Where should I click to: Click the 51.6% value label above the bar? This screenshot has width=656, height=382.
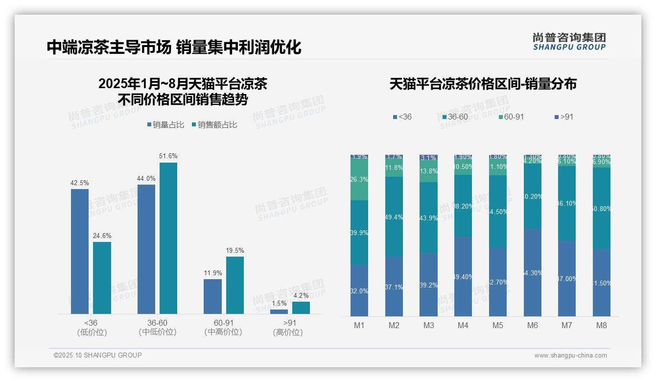168,156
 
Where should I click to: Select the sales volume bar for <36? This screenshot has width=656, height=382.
80,251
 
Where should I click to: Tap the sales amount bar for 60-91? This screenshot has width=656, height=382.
235,285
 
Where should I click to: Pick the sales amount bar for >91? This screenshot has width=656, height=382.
301,308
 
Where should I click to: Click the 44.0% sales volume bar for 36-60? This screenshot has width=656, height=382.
146,249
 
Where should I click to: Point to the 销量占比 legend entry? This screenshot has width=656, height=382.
165,125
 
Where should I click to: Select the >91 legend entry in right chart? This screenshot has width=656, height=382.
564,117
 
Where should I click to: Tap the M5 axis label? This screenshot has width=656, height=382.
498,326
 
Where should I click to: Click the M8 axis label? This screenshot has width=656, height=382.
602,326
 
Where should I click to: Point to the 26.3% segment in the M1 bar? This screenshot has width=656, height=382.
359,180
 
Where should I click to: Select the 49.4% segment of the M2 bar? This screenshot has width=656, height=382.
394,216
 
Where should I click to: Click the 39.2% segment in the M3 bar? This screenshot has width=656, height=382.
429,285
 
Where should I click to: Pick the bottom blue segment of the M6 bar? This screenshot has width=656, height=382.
533,272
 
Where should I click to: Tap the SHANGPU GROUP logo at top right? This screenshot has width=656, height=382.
569,41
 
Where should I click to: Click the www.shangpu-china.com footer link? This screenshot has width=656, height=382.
570,356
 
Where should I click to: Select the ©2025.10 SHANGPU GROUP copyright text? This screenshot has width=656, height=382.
98,356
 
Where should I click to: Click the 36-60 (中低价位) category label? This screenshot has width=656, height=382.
157,328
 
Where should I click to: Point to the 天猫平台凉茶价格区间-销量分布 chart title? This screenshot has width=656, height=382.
483,84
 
